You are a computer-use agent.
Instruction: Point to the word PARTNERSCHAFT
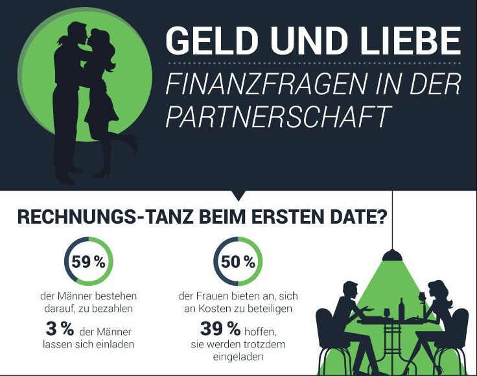coord(279,117)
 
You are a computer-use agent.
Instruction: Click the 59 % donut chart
coord(88,263)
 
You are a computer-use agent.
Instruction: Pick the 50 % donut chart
coord(238,263)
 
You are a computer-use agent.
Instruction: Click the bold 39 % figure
coord(216,327)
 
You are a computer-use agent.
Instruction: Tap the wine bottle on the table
coord(402,310)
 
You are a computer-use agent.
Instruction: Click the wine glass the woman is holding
coord(423,297)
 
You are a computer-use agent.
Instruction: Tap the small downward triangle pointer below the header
coord(238,194)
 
